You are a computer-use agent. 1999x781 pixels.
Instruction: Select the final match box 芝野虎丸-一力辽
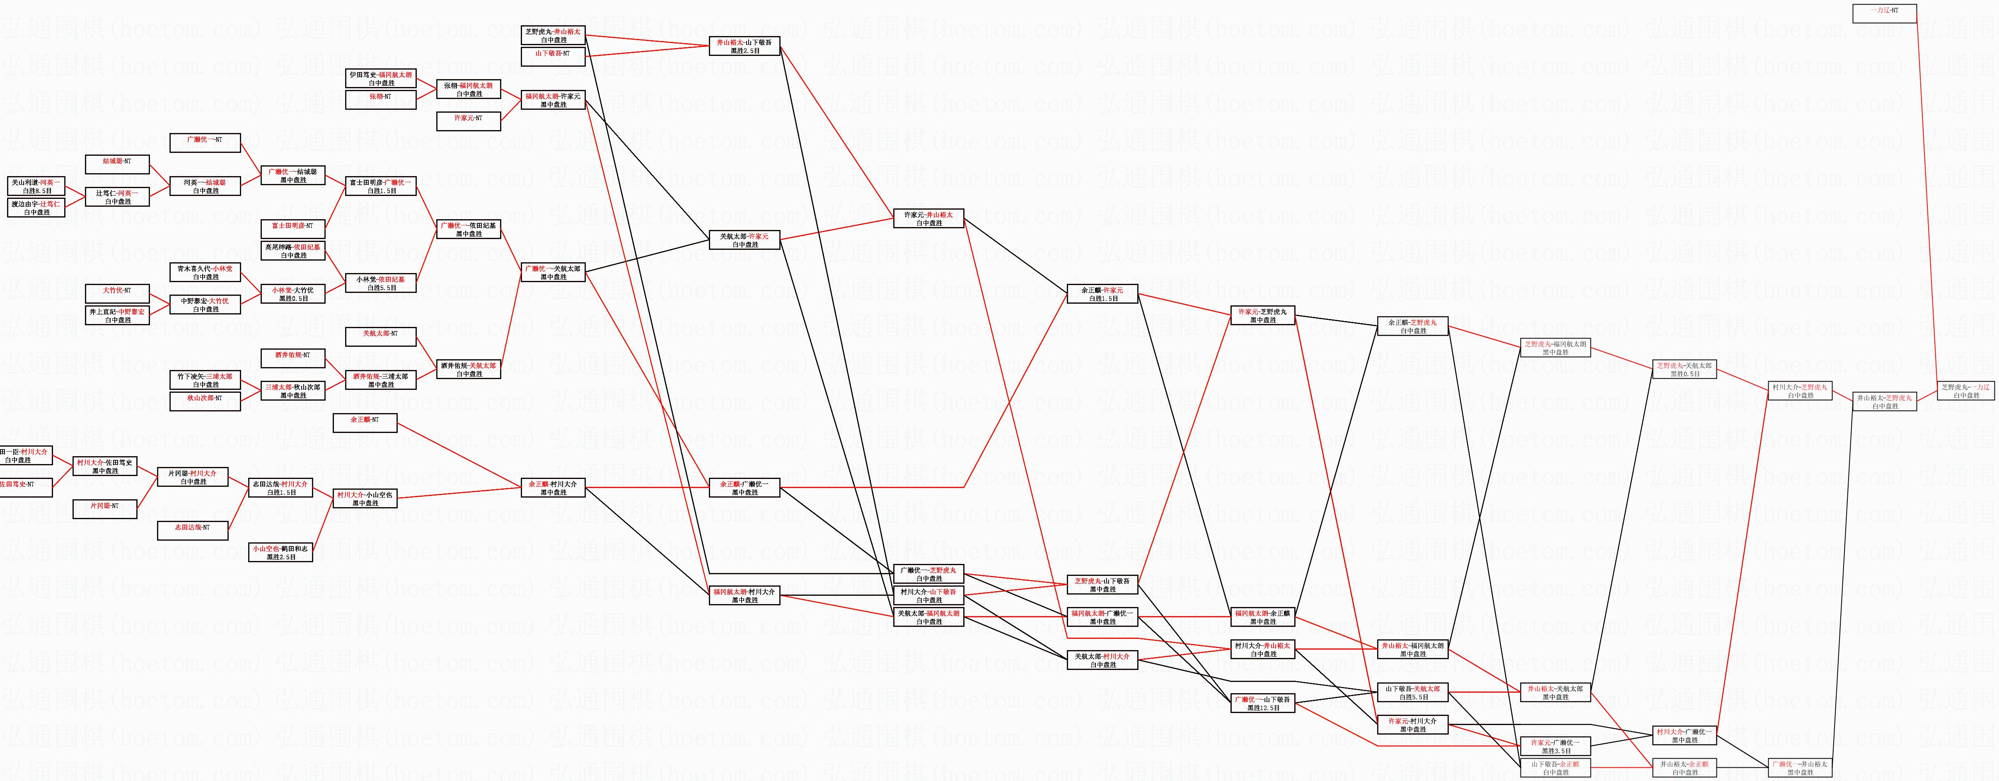[x=1965, y=390]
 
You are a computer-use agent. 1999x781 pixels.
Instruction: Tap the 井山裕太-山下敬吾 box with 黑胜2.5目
[x=744, y=46]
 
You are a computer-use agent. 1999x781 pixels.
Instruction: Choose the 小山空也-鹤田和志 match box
[x=280, y=552]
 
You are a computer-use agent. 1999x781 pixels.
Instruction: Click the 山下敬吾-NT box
[x=553, y=57]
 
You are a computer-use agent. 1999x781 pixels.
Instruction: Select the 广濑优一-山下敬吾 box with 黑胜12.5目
[x=1262, y=704]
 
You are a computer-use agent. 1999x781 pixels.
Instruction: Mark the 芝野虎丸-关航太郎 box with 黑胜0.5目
[x=1683, y=370]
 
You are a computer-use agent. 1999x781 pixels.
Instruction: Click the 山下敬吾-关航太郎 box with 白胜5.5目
[x=1412, y=692]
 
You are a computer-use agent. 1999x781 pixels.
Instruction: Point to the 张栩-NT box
[x=380, y=99]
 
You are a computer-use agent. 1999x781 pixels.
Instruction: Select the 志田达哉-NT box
[x=193, y=530]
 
